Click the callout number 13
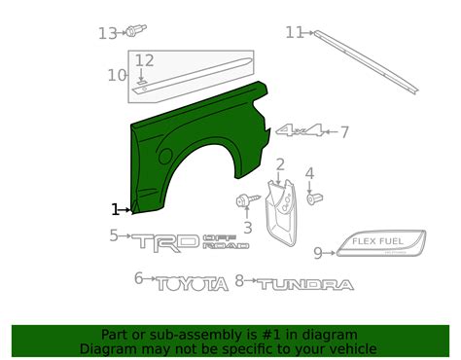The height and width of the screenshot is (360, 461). click(107, 33)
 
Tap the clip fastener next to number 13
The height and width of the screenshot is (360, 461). click(136, 30)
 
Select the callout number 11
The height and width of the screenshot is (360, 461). click(295, 32)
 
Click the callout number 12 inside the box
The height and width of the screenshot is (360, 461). click(144, 61)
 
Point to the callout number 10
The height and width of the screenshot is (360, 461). click(117, 75)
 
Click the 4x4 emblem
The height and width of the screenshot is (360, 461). click(300, 130)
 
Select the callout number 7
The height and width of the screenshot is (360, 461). click(344, 132)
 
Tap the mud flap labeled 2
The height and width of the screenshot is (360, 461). click(281, 212)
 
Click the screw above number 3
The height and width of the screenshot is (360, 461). click(248, 199)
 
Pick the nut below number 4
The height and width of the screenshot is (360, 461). click(314, 198)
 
